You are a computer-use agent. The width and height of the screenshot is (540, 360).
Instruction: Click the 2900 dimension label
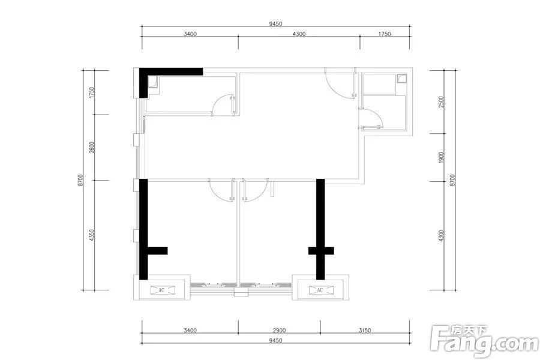tap(279, 331)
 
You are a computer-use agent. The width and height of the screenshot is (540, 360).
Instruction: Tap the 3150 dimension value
tap(365, 331)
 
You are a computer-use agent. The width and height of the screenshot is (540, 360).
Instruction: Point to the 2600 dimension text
tap(92, 148)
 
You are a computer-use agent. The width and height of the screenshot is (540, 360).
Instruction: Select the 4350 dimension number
tap(92, 235)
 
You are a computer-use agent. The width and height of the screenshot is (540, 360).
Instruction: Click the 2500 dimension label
tap(442, 103)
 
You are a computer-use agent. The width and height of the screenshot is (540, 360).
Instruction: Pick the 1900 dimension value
tap(442, 157)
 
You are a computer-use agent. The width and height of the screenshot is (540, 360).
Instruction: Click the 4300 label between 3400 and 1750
tap(299, 34)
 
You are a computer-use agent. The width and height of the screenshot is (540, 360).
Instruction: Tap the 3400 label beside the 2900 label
tap(190, 331)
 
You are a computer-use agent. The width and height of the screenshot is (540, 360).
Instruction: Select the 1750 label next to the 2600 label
tap(92, 92)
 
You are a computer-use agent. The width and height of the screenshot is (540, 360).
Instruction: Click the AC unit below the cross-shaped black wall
tap(320, 290)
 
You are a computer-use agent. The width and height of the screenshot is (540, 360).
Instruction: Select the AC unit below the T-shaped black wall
tap(162, 290)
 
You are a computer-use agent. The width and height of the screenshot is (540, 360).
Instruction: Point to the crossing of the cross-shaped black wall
tap(320, 251)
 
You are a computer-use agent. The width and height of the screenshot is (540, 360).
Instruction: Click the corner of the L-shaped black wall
tap(143, 72)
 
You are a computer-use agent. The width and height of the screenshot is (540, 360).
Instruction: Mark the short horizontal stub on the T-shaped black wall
tap(157, 251)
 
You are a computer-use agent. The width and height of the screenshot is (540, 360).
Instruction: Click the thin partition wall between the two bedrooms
tap(238, 233)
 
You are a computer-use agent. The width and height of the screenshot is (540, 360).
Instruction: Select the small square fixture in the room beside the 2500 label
tap(401, 79)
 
